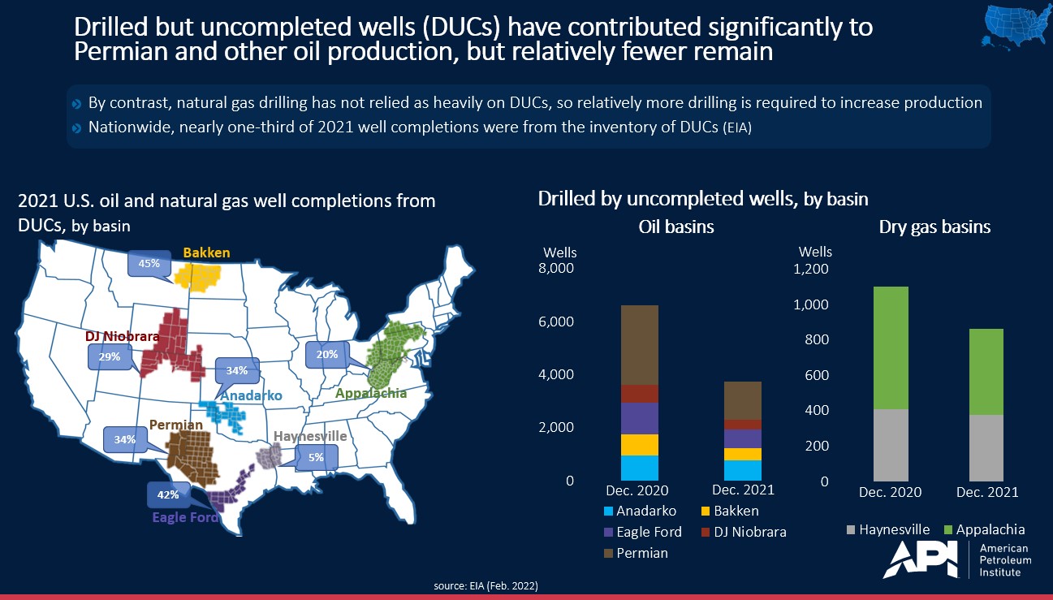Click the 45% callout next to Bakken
click(149, 262)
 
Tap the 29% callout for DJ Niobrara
click(110, 356)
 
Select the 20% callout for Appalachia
click(326, 354)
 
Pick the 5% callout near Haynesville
click(316, 457)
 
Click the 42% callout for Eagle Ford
click(168, 494)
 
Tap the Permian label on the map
click(175, 425)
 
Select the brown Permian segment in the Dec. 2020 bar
click(639, 345)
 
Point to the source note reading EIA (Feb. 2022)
click(486, 585)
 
